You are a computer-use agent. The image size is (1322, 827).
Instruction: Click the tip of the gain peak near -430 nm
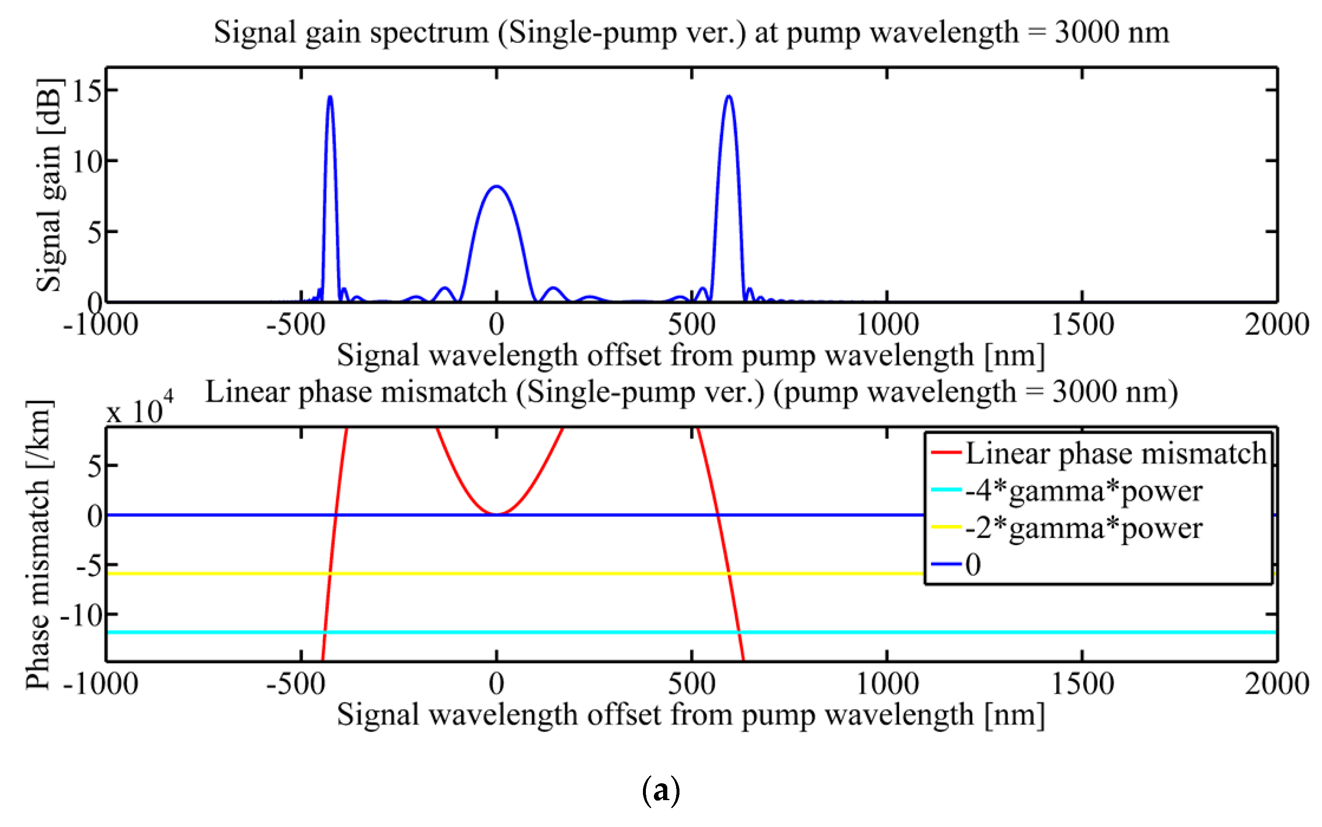pos(330,97)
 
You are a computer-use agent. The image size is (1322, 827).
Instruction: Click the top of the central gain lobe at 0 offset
pos(496,186)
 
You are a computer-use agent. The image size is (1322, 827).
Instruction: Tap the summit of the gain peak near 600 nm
pos(729,96)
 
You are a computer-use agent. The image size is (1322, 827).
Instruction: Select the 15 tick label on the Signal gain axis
pos(87,91)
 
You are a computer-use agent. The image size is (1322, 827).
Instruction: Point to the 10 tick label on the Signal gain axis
pos(87,161)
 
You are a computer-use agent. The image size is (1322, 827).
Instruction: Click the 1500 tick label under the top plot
pos(1082,324)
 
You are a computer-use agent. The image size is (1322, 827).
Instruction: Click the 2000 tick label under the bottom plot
pos(1277,684)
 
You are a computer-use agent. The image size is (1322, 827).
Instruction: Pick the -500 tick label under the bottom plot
pos(296,684)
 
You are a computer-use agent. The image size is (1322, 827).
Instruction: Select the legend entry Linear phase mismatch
pos(1115,454)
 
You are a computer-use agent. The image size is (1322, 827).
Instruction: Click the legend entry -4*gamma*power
pos(1083,491)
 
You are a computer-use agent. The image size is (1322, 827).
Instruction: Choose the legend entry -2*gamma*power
pos(1083,528)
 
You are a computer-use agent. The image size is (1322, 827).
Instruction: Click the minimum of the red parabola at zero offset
pos(496,514)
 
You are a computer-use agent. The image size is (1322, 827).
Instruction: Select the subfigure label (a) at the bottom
pos(661,791)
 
